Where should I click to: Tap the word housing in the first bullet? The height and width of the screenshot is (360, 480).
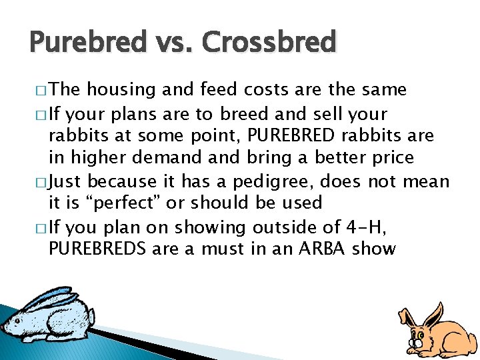pyautogui.click(x=122, y=90)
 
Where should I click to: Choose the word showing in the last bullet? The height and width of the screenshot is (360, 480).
pyautogui.click(x=199, y=227)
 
